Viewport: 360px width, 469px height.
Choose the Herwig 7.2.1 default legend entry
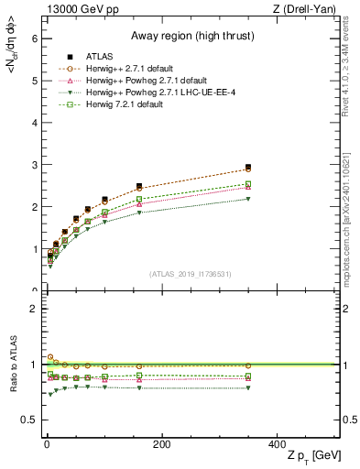click(x=120, y=105)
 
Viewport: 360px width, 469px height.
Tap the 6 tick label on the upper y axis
click(x=33, y=38)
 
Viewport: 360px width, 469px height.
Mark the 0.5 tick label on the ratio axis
click(x=28, y=420)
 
